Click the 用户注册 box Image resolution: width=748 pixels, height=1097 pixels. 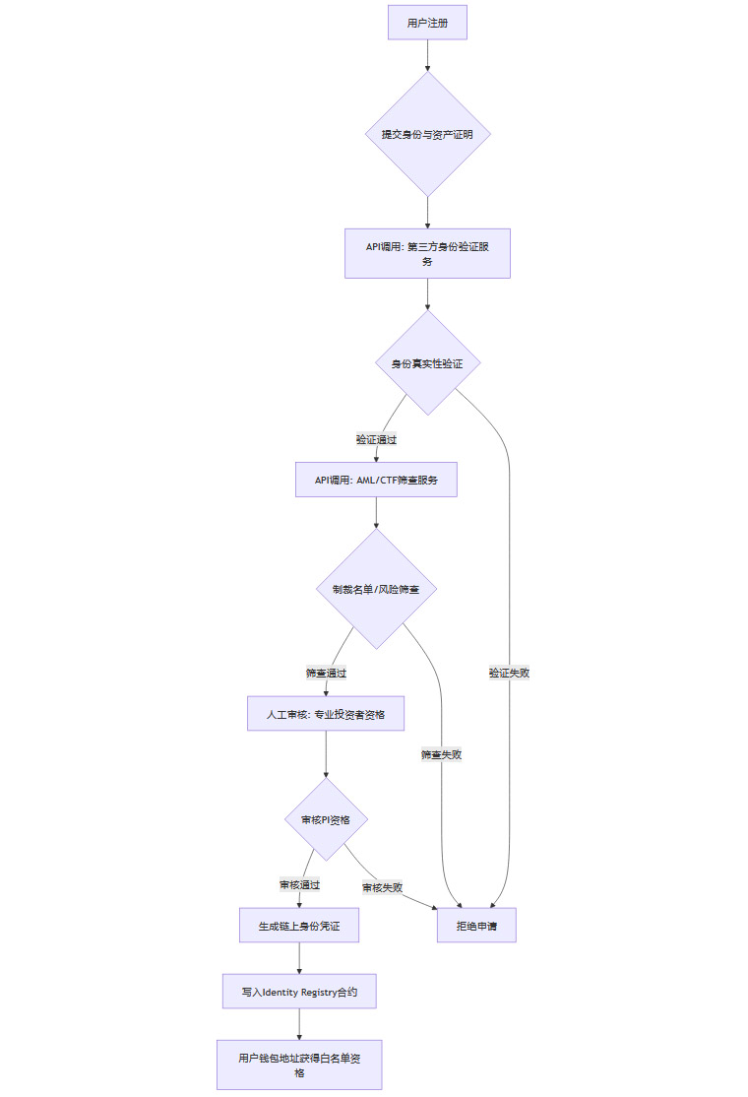[x=427, y=23]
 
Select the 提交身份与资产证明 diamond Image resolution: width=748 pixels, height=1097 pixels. [x=427, y=134]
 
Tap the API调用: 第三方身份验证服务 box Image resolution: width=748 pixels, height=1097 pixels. [x=427, y=254]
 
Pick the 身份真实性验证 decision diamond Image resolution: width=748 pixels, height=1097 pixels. [x=427, y=363]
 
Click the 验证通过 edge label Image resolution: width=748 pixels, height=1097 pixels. [x=376, y=439]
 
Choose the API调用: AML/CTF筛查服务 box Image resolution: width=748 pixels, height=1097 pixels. [x=376, y=480]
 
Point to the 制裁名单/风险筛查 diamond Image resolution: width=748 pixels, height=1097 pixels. [x=376, y=589]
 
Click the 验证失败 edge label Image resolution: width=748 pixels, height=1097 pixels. [x=509, y=673]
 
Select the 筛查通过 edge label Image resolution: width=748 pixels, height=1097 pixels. [x=326, y=674]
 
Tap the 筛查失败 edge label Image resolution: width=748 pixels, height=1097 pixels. [x=441, y=754]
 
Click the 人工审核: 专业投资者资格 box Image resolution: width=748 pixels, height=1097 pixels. [x=326, y=713]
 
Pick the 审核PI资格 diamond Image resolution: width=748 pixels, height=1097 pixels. [x=326, y=819]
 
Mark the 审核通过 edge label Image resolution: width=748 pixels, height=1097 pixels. [x=299, y=884]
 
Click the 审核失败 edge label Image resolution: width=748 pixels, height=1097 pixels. [x=382, y=887]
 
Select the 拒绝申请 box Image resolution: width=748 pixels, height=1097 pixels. [x=476, y=926]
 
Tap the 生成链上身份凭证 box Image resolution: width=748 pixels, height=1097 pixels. [x=299, y=926]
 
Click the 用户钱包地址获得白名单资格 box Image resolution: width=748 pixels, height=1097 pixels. [x=299, y=1065]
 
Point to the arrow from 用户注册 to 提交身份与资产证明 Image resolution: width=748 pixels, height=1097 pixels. [x=427, y=55]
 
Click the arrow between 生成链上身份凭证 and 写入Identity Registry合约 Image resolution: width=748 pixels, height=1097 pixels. [x=299, y=959]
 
